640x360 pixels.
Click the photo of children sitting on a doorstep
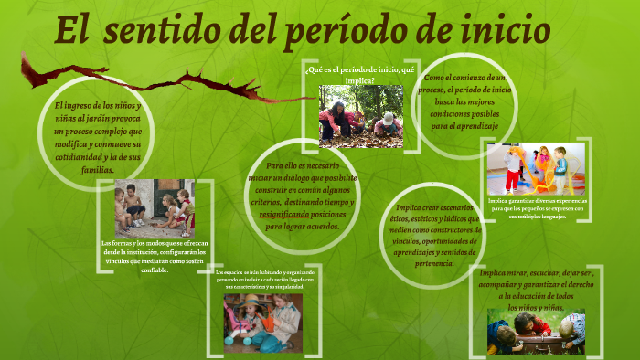coord(155,208)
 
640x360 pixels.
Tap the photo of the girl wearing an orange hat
coord(262,323)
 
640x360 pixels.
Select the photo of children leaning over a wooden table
coord(536,330)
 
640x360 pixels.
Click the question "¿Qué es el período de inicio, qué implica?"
coord(360,74)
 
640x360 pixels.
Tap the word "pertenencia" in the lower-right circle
coord(429,263)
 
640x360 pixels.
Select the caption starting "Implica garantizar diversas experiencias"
coord(537,208)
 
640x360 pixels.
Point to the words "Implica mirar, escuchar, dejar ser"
coord(536,272)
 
